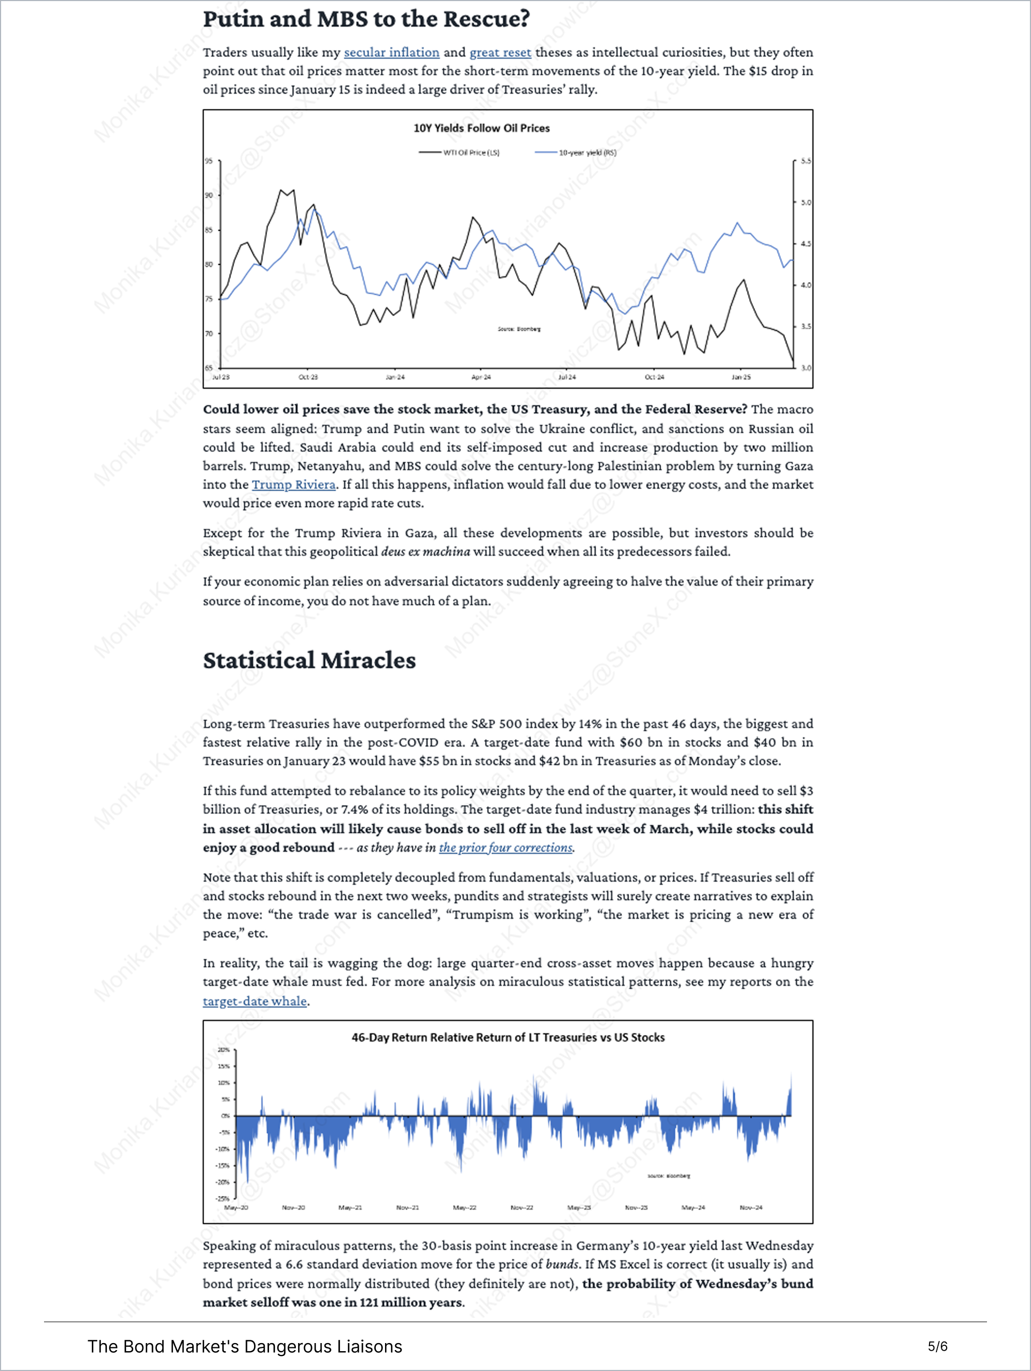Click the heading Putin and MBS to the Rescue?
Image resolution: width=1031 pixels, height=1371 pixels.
pos(366,19)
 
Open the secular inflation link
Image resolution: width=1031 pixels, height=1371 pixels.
pos(391,53)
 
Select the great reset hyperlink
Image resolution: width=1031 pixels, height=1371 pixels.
pos(500,53)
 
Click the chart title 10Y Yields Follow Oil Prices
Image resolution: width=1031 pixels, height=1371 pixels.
pos(481,128)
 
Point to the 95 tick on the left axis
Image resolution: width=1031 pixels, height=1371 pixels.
pos(209,161)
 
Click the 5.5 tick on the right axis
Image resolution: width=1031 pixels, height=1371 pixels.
pos(805,161)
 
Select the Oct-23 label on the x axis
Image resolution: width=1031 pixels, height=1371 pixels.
pos(308,377)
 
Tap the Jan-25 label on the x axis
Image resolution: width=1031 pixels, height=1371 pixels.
pos(741,377)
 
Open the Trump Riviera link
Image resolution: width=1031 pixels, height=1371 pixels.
pos(293,485)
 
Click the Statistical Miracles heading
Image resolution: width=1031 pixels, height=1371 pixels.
pos(309,660)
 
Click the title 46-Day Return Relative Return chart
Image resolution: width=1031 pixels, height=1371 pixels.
pos(508,1038)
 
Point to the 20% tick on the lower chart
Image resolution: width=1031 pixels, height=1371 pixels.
pos(223,1050)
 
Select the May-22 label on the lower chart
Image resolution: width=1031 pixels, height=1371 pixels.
pos(464,1207)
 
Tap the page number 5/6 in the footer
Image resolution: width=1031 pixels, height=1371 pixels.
pos(937,1346)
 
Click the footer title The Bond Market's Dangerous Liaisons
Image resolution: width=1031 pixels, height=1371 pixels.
pos(244,1347)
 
